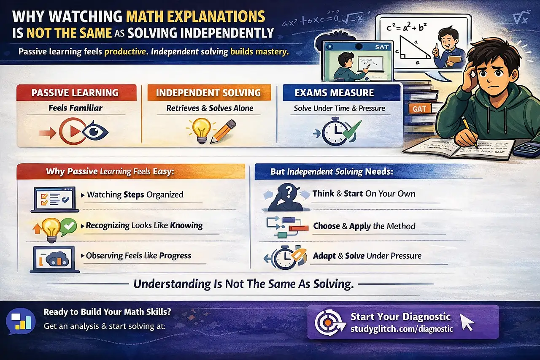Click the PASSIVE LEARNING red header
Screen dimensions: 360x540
(x=76, y=92)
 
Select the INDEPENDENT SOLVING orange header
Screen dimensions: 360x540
(x=208, y=92)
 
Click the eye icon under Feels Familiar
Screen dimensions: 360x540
(x=95, y=132)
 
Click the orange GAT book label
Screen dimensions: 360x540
(x=419, y=108)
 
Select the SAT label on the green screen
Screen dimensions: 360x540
(x=381, y=47)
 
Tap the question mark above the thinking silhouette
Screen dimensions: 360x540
(x=288, y=192)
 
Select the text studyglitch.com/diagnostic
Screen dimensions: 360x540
(x=401, y=328)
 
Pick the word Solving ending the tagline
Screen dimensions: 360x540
(x=333, y=284)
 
